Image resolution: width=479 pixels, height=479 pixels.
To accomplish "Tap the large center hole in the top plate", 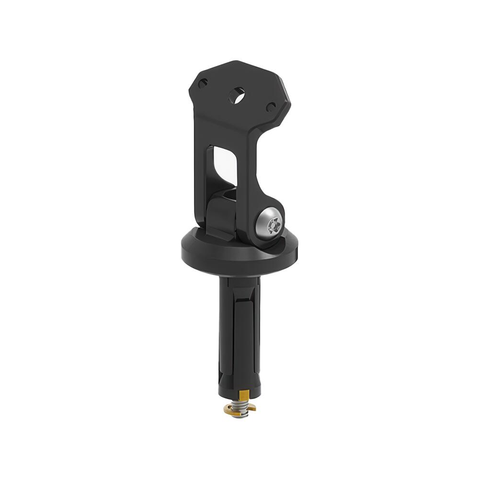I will (x=236, y=95).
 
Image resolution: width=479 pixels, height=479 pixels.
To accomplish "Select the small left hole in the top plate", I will (x=203, y=83).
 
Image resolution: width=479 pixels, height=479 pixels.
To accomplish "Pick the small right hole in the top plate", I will (x=271, y=107).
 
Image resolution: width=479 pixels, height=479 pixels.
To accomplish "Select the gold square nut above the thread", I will (x=244, y=396).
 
